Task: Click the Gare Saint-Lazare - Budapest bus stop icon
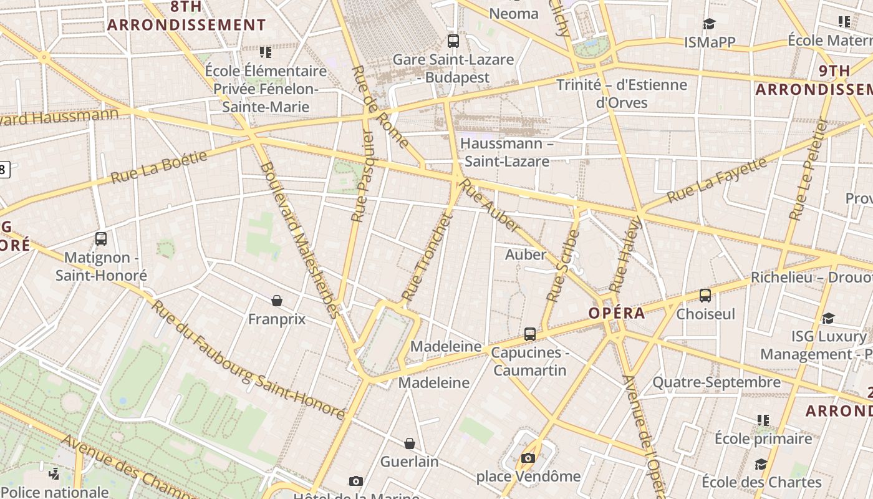click(453, 41)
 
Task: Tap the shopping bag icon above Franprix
click(277, 301)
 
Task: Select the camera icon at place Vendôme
click(528, 458)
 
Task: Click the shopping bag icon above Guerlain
click(410, 443)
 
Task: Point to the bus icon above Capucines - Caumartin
click(530, 334)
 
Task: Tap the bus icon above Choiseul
click(705, 296)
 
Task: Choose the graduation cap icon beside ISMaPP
click(709, 24)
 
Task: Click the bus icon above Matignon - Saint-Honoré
click(101, 238)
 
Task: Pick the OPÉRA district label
click(617, 313)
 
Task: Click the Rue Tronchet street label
click(427, 257)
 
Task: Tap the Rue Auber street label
click(491, 205)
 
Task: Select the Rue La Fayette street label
click(716, 180)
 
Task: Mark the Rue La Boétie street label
click(159, 167)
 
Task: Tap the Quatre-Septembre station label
click(716, 382)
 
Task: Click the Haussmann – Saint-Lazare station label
click(506, 152)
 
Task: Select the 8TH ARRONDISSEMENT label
click(186, 16)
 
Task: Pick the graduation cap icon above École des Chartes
click(761, 464)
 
